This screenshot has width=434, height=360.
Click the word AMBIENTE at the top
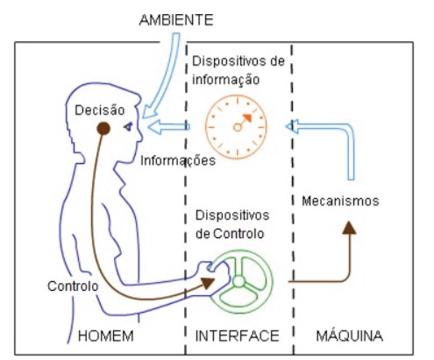[x=176, y=20]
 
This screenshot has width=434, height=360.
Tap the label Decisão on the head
[x=100, y=110]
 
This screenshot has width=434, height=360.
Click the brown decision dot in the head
[x=103, y=129]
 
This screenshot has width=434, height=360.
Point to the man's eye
[x=128, y=126]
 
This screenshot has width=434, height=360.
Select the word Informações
[x=178, y=160]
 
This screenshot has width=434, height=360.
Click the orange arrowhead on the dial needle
[x=247, y=117]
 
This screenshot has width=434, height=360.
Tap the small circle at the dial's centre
[x=238, y=127]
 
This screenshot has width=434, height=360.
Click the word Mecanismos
[x=340, y=201]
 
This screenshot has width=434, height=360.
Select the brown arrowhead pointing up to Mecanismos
[x=349, y=228]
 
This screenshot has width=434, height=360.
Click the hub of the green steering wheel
[x=238, y=281]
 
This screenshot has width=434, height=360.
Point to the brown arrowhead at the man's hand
[x=207, y=283]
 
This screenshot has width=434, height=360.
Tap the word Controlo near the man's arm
[x=73, y=286]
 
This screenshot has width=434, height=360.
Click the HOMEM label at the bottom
[x=106, y=335]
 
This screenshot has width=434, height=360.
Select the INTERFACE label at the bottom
[x=237, y=335]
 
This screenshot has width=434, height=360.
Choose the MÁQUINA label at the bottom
[x=349, y=335]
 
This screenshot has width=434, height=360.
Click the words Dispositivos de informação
[x=238, y=70]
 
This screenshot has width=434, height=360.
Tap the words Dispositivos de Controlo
[x=232, y=224]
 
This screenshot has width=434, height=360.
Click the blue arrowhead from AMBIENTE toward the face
[x=149, y=112]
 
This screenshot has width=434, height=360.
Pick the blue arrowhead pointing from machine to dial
[x=292, y=127]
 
